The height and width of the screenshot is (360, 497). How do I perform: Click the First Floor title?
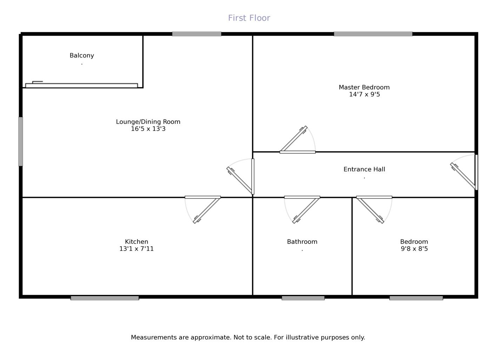click(x=249, y=18)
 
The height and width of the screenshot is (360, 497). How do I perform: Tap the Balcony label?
click(x=82, y=55)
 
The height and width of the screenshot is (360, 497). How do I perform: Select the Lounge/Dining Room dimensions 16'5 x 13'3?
click(x=148, y=129)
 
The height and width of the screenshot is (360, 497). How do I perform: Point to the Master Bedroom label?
click(x=364, y=87)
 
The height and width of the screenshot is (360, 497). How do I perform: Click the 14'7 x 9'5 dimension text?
click(x=364, y=95)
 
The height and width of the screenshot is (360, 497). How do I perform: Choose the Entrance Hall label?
click(x=364, y=169)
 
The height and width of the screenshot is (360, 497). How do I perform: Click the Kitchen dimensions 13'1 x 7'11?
click(x=136, y=249)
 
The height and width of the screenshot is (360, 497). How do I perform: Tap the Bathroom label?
click(x=302, y=242)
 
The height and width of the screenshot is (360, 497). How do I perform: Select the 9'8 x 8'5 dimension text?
click(x=414, y=249)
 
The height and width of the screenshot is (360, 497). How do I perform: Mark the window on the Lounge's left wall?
click(x=21, y=141)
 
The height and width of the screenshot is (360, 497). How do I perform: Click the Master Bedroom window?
click(x=373, y=34)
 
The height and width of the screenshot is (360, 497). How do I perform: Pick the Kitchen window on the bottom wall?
click(x=105, y=298)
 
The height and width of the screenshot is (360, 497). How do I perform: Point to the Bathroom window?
click(x=303, y=298)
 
